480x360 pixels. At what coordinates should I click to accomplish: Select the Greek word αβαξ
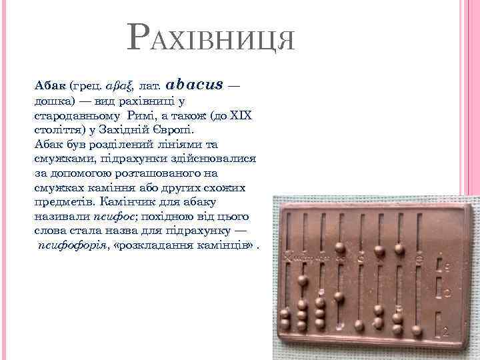click(x=121, y=87)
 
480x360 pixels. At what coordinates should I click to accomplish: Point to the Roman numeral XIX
click(x=241, y=115)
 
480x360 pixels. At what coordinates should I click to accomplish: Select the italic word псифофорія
click(x=73, y=245)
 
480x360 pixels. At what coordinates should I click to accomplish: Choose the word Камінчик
click(x=126, y=201)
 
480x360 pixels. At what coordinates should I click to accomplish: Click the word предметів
click(x=65, y=201)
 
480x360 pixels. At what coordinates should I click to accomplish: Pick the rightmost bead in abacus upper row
click(x=399, y=249)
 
